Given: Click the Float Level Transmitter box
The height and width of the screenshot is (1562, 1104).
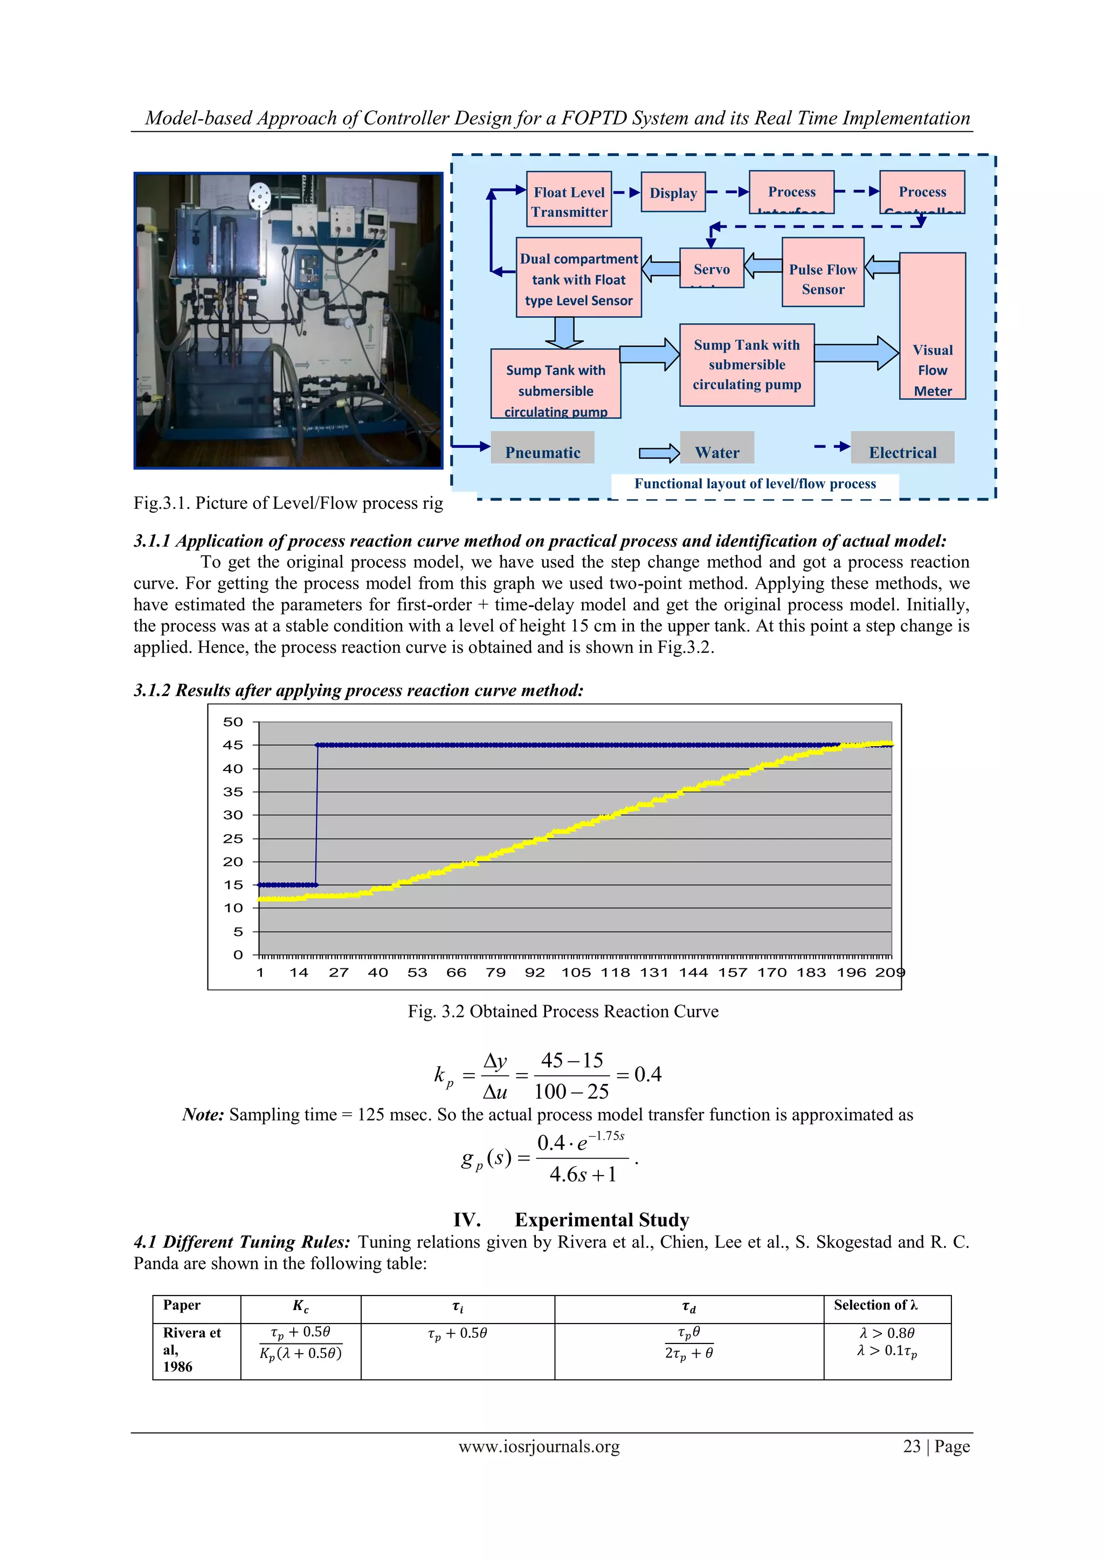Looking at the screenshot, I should (569, 199).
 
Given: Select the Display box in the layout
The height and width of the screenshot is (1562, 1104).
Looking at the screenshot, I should (673, 193).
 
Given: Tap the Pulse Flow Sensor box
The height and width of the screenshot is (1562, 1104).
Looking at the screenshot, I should (823, 272).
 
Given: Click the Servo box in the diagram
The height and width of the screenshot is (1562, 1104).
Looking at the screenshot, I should (712, 268).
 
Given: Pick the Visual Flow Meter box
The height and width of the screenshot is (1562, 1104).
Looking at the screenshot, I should (932, 326).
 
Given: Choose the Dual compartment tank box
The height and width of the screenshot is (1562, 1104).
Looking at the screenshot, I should (578, 277).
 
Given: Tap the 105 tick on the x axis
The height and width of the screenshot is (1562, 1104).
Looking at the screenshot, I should (576, 972).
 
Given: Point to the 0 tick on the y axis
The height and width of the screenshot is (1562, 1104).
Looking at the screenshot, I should (238, 955).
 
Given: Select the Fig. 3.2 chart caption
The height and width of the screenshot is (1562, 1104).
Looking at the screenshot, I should (563, 1012).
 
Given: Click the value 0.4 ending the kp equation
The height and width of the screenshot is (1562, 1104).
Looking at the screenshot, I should (647, 1074).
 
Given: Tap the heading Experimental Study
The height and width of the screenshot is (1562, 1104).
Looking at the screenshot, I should (602, 1219).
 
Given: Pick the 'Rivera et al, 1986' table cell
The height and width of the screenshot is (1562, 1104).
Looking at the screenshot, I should (192, 1349).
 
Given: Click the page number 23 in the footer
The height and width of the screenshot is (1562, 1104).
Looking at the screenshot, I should (912, 1447).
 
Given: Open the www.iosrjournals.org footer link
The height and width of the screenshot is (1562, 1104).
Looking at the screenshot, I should (539, 1447).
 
